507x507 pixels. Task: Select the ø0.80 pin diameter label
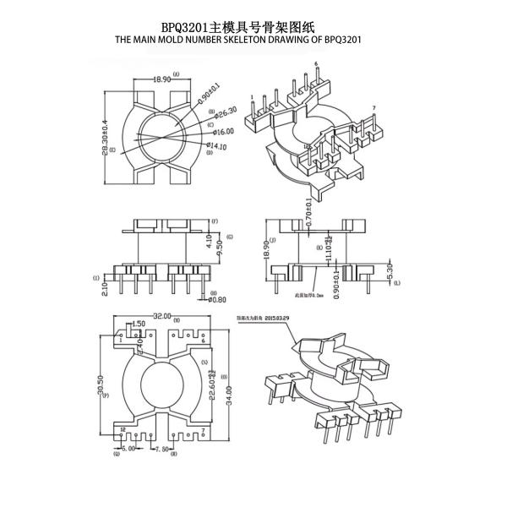[x=216, y=299]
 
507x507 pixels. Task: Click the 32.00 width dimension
[x=161, y=316]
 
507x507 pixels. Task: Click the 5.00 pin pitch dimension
[x=128, y=449]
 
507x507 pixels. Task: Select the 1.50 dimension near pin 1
[x=139, y=324]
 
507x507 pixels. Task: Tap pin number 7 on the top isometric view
[x=373, y=108]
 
